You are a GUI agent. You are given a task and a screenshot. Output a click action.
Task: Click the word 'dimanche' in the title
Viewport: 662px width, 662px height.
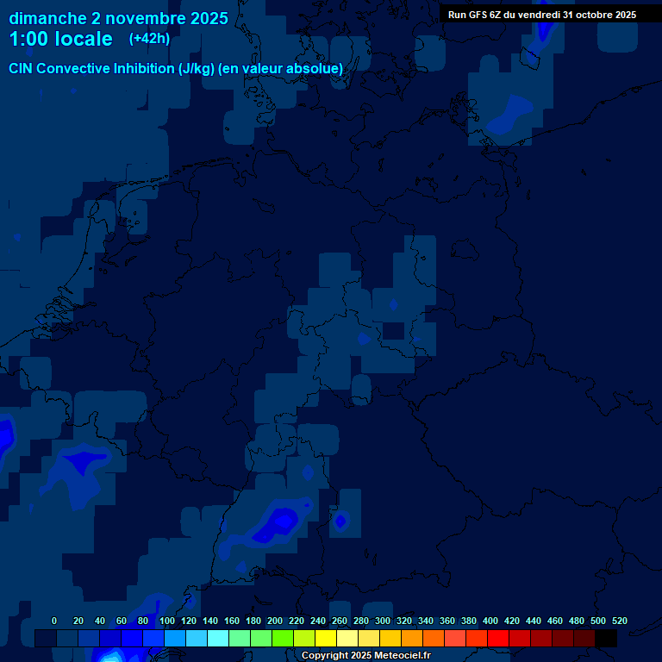click(47, 18)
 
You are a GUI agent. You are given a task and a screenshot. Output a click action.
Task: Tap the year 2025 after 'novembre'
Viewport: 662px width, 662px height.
click(207, 18)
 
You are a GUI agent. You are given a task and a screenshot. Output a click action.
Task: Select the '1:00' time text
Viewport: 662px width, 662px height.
click(28, 39)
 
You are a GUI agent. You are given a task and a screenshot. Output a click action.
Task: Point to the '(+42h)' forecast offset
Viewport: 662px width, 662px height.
click(149, 39)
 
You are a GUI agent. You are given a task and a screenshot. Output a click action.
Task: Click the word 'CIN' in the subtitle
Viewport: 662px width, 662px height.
click(22, 68)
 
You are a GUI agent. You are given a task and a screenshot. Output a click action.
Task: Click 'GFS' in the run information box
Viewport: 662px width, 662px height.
click(478, 15)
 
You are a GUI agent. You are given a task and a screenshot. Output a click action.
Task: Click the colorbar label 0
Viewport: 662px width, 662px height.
click(54, 621)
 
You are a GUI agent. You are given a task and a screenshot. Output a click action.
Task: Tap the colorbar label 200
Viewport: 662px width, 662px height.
click(274, 621)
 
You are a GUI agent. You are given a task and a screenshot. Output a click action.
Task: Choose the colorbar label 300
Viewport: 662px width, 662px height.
click(382, 621)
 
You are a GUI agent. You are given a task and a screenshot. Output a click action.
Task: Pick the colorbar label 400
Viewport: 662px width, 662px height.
click(490, 621)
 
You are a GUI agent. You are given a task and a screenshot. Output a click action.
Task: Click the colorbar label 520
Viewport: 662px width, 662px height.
click(619, 621)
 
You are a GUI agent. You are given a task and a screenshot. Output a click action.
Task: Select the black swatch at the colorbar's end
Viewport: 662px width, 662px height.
click(606, 638)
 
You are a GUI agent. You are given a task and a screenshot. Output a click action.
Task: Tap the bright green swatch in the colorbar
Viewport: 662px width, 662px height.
click(283, 638)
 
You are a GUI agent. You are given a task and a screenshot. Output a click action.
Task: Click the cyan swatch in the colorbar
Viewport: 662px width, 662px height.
click(218, 638)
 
